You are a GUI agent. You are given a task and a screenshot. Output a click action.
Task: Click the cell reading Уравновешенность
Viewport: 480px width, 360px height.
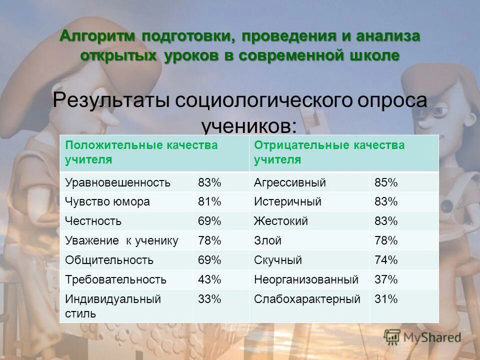coord(117,182)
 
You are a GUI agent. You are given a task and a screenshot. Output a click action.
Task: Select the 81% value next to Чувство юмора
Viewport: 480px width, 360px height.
coord(209,202)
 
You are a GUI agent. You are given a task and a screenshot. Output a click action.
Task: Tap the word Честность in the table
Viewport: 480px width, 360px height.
coord(93,221)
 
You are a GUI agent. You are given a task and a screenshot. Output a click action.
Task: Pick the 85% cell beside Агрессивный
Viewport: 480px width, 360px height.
coord(386,182)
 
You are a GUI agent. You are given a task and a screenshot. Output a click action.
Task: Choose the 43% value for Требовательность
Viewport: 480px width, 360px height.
coord(209,279)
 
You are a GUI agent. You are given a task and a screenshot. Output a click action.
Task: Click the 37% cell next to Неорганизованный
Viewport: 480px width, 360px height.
coord(386,279)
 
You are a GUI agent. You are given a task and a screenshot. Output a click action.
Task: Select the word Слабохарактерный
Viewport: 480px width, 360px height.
coord(307,299)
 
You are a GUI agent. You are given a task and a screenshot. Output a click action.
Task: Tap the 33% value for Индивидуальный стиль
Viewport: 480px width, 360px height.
coord(209,299)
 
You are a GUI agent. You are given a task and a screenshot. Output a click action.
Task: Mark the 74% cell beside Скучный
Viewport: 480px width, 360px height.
coord(386,260)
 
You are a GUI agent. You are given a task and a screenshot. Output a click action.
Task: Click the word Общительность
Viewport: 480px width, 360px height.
coord(109,260)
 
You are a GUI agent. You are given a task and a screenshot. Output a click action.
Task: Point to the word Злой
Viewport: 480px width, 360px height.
coord(267,240)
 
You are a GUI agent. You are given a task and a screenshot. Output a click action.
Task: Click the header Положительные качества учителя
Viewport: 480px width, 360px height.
coord(141,152)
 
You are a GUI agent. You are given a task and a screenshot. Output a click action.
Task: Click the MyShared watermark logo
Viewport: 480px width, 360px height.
coord(422,337)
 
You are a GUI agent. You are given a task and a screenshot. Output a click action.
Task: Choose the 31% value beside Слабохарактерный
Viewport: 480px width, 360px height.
coord(386,299)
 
